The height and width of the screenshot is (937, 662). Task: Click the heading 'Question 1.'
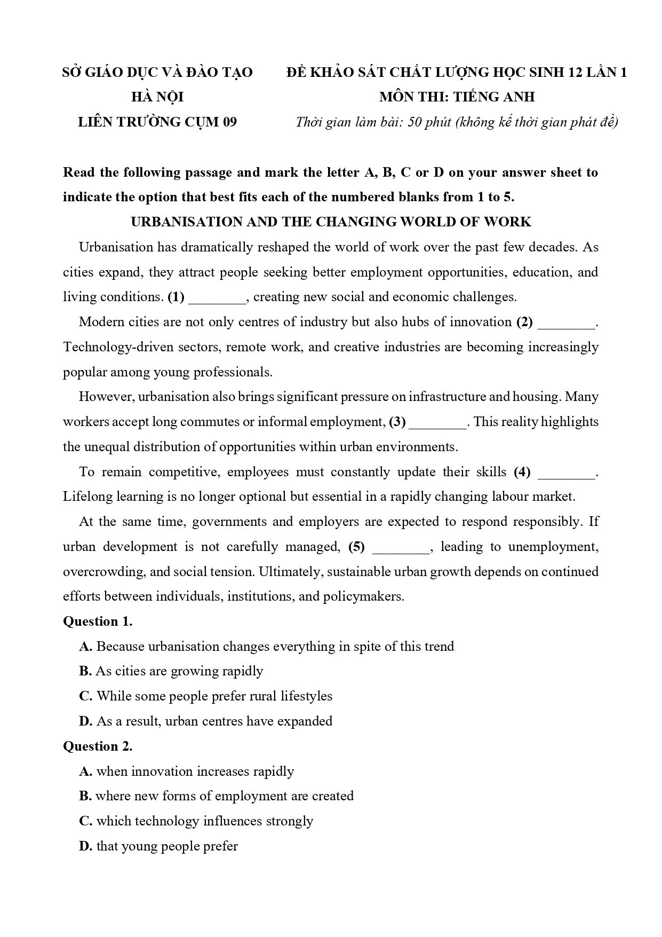coord(98,621)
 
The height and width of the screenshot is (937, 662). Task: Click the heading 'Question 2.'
coord(98,746)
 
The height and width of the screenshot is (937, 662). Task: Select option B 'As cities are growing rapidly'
coord(171,671)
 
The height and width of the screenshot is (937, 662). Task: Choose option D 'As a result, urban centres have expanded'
coord(206,721)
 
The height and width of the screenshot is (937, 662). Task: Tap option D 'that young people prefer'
coord(158,846)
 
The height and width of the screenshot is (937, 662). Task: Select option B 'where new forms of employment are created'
coord(217,796)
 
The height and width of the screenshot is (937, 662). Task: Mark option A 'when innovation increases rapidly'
coord(187,771)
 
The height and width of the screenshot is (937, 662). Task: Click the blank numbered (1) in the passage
coord(218,298)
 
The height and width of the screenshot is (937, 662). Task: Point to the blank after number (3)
coord(438,423)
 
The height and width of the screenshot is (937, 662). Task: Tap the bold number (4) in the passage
coord(522,472)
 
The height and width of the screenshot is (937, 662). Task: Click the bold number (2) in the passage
coord(524,322)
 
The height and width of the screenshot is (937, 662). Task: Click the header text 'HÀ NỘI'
coord(157,97)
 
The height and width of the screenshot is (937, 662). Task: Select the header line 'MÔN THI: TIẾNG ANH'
coord(457,97)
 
